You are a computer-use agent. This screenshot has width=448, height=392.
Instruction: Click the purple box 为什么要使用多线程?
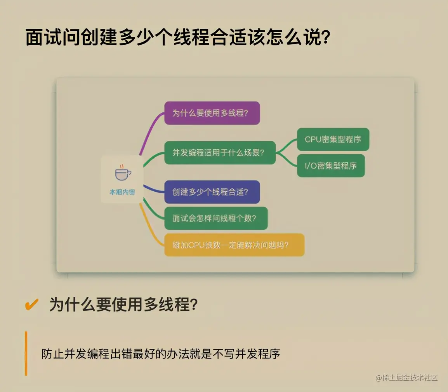coord(212,113)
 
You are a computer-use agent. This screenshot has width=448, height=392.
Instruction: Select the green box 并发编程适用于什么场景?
coord(220,153)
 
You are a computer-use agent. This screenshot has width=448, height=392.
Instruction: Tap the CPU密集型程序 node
coord(333,139)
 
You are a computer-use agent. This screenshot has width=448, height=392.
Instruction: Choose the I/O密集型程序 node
coord(331,166)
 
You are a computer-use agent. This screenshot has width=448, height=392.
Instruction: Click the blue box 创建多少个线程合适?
coord(212,192)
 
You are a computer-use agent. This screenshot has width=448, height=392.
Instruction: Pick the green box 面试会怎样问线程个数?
coord(216,218)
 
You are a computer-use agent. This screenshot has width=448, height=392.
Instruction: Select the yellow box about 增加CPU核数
coord(234,245)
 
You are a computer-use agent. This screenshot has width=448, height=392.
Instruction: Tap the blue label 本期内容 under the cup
coord(122,192)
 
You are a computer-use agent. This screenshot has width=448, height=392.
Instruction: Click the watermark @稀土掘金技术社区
coord(406,378)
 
